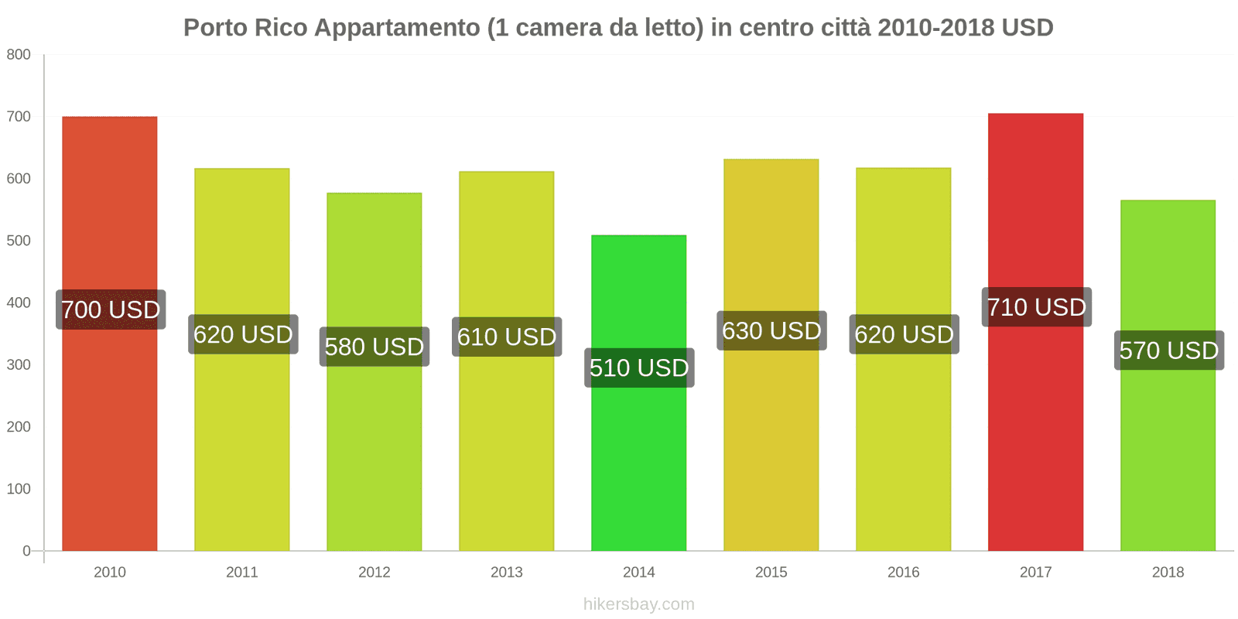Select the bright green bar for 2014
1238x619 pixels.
pyautogui.click(x=638, y=464)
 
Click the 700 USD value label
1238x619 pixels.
pyautogui.click(x=111, y=309)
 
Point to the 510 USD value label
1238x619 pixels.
pyautogui.click(x=639, y=368)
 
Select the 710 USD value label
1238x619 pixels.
pyautogui.click(x=1037, y=307)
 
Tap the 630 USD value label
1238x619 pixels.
pyautogui.click(x=771, y=330)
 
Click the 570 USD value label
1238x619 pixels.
pyautogui.click(x=1169, y=351)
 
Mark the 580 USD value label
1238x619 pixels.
pyautogui.click(x=374, y=347)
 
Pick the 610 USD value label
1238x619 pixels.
pyautogui.click(x=507, y=337)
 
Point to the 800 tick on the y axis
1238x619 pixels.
pyautogui.click(x=19, y=55)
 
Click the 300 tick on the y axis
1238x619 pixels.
pyautogui.click(x=19, y=364)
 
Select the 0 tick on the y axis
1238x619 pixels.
pyautogui.click(x=26, y=551)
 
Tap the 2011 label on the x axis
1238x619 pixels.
pyautogui.click(x=242, y=573)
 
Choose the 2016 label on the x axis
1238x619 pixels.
pyautogui.click(x=903, y=573)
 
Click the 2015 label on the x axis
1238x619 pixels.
pyautogui.click(x=771, y=573)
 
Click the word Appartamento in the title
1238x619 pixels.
pyautogui.click(x=397, y=28)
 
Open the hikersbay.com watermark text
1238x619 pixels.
pyautogui.click(x=639, y=604)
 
